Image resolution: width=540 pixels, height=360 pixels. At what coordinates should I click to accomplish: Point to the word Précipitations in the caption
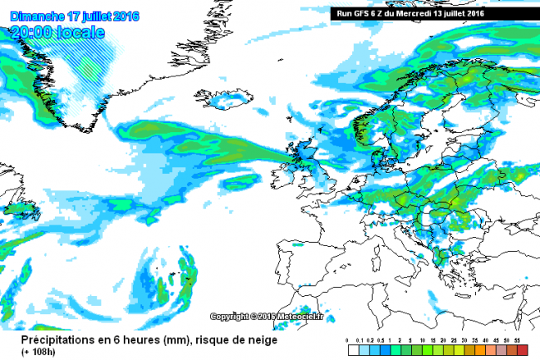point(47,340)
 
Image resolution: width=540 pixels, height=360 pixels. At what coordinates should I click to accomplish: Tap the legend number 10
point(423,342)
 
